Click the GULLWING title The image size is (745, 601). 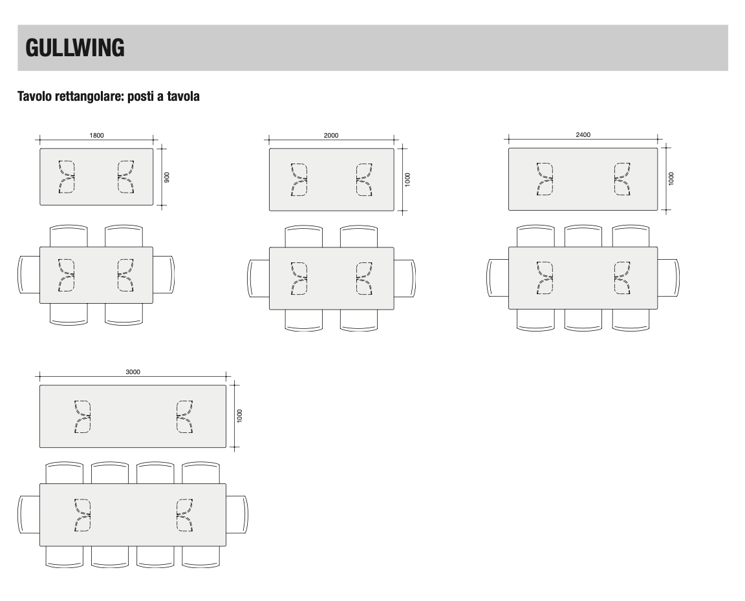pyautogui.click(x=75, y=48)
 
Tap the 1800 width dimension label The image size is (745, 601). pyautogui.click(x=96, y=135)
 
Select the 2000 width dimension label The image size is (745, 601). pyautogui.click(x=331, y=135)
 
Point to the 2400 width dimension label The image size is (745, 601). pyautogui.click(x=583, y=135)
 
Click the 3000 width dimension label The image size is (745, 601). pyautogui.click(x=133, y=372)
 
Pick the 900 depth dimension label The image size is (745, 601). pyautogui.click(x=166, y=177)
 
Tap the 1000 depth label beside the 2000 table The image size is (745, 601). pyautogui.click(x=407, y=180)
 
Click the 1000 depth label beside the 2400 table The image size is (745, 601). pyautogui.click(x=671, y=178)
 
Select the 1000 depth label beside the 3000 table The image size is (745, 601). pyautogui.click(x=239, y=416)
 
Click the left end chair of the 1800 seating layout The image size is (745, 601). pyautogui.click(x=29, y=275)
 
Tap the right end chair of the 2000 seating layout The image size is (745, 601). pyautogui.click(x=405, y=278)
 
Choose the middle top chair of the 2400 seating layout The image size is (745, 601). pyautogui.click(x=583, y=235)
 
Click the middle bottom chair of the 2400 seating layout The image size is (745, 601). pyautogui.click(x=583, y=320)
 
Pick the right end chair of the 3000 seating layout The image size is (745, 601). pyautogui.click(x=237, y=514)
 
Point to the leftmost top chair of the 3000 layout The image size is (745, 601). pyautogui.click(x=65, y=472)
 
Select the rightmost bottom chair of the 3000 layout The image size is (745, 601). pyautogui.click(x=201, y=557)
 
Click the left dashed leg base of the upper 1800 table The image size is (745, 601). pyautogui.click(x=67, y=176)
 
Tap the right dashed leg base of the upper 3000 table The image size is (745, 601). pyautogui.click(x=184, y=417)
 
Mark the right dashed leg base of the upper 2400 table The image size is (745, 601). pyautogui.click(x=622, y=179)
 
